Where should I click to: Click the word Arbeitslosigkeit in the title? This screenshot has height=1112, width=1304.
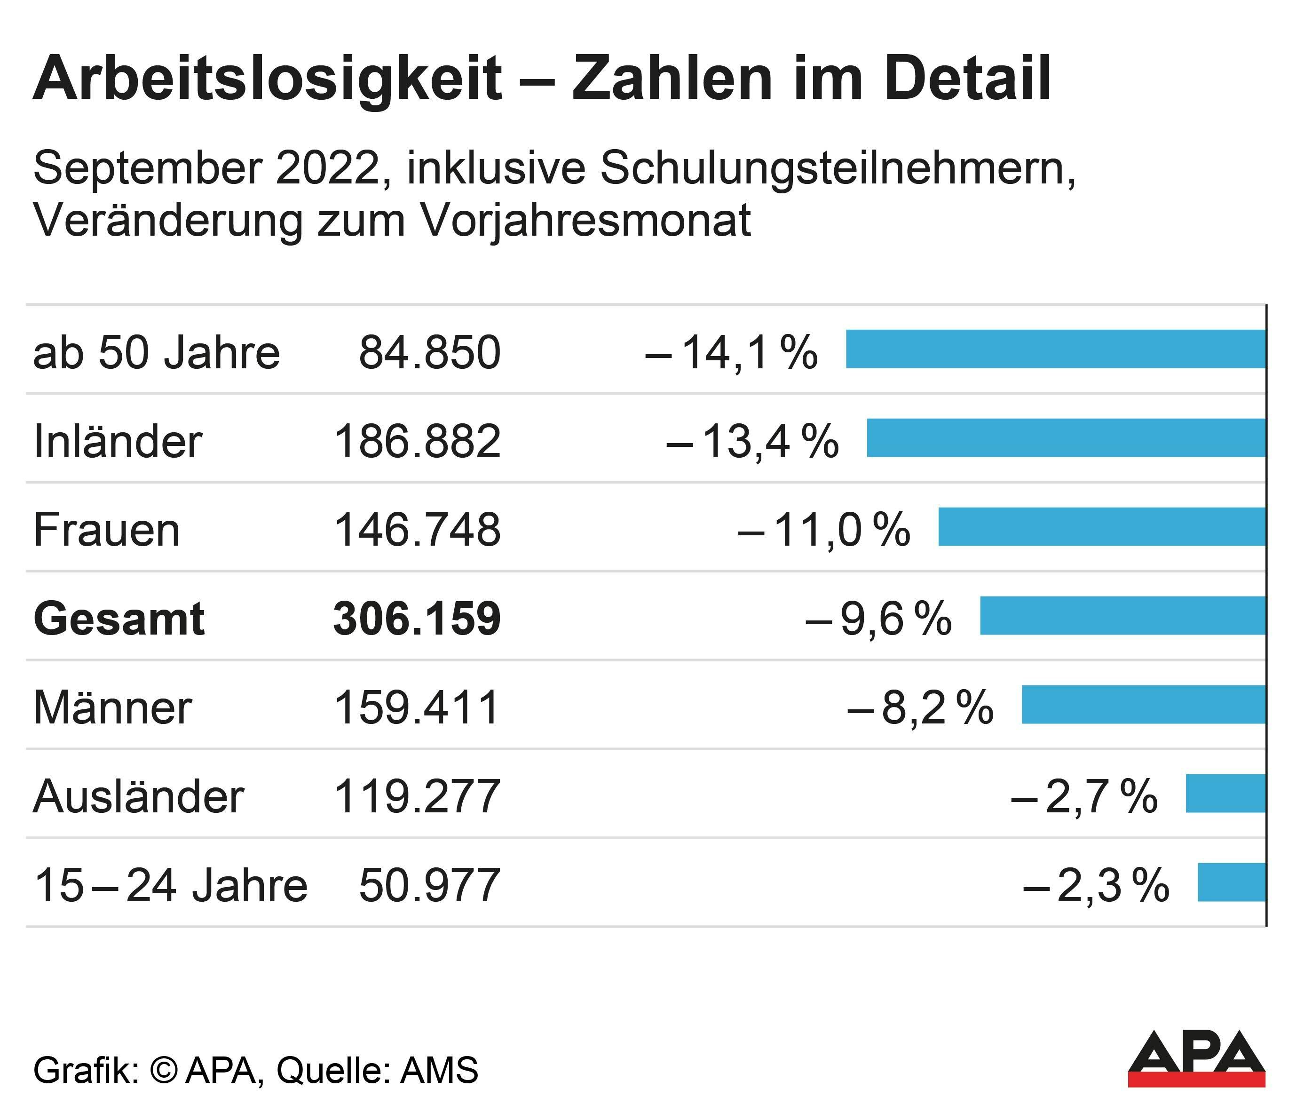click(268, 80)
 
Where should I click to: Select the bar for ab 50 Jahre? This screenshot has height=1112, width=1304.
click(1055, 349)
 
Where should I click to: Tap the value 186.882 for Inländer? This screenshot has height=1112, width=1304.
click(417, 441)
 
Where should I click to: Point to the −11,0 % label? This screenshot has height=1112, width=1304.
click(824, 530)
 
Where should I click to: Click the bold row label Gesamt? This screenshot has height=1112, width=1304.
click(119, 619)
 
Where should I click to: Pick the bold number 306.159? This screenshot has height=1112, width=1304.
click(417, 619)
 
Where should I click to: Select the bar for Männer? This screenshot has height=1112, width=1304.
click(1144, 705)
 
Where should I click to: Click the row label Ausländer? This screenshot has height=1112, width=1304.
click(138, 796)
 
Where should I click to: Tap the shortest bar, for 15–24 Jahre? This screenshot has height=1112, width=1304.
click(1231, 882)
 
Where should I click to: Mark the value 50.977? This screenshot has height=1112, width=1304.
click(430, 885)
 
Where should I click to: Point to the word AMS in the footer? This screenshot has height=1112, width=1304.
click(439, 1070)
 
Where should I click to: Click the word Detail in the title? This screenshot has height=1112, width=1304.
click(968, 80)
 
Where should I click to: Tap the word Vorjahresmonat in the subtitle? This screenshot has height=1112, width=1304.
click(585, 221)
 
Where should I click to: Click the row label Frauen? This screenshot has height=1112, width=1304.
click(107, 530)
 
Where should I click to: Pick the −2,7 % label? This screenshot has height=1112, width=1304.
click(1084, 796)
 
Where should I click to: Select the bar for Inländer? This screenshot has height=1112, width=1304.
click(1066, 437)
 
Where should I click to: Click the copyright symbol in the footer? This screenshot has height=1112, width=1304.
click(164, 1070)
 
